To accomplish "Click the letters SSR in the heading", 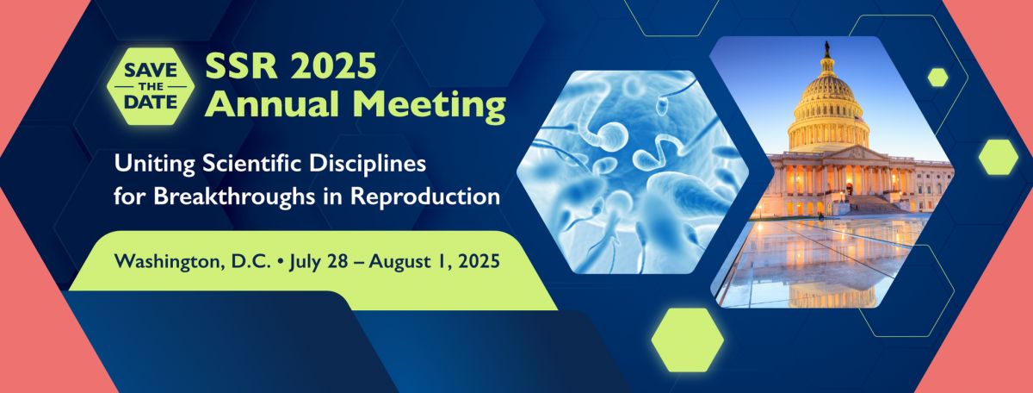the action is click(x=242, y=65).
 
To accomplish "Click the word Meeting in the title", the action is click(x=430, y=106).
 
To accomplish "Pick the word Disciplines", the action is click(x=368, y=164).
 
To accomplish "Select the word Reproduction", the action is click(x=425, y=196).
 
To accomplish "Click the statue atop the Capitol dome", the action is click(x=827, y=48).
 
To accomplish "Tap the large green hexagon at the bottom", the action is click(x=688, y=340).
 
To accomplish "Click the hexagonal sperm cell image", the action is click(x=633, y=172).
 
